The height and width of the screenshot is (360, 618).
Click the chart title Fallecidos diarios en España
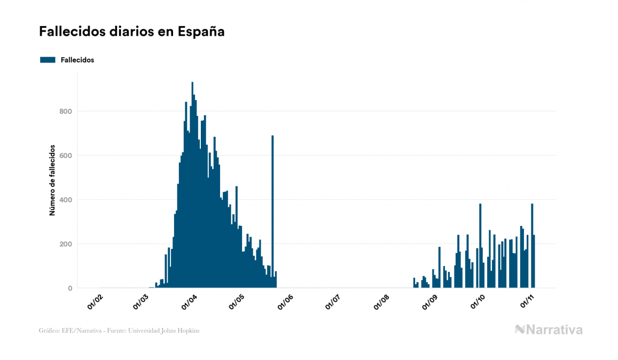click(x=131, y=32)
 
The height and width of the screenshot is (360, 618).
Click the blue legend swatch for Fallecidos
click(x=48, y=60)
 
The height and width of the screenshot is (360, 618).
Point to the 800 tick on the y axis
click(x=65, y=111)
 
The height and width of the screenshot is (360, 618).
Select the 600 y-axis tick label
click(x=65, y=155)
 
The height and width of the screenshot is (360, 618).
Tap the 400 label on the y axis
click(x=65, y=200)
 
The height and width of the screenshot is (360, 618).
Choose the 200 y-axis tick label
click(x=65, y=244)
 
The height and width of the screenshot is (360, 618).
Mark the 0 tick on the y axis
click(x=69, y=288)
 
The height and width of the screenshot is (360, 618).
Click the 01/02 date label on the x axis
click(x=95, y=302)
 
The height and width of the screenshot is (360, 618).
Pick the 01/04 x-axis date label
click(x=189, y=302)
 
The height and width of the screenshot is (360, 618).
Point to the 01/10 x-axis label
click(x=477, y=302)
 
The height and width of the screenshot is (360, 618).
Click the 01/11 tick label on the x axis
click(x=526, y=302)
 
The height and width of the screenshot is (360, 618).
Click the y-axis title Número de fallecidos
click(x=52, y=180)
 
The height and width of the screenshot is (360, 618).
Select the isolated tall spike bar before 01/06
click(x=272, y=214)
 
